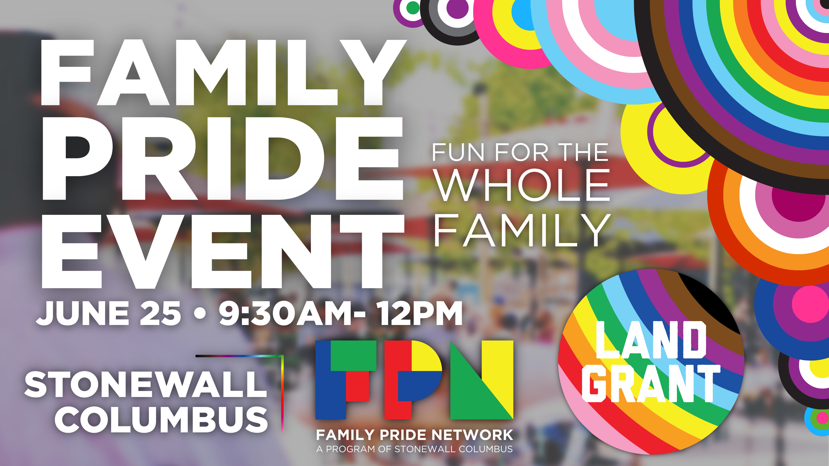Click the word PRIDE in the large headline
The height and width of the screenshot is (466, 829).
[222, 158]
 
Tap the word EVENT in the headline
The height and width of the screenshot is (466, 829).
[223, 251]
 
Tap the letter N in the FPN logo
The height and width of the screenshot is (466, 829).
[482, 380]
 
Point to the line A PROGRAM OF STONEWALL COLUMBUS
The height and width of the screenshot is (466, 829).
[414, 449]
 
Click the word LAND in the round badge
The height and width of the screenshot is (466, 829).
[651, 340]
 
